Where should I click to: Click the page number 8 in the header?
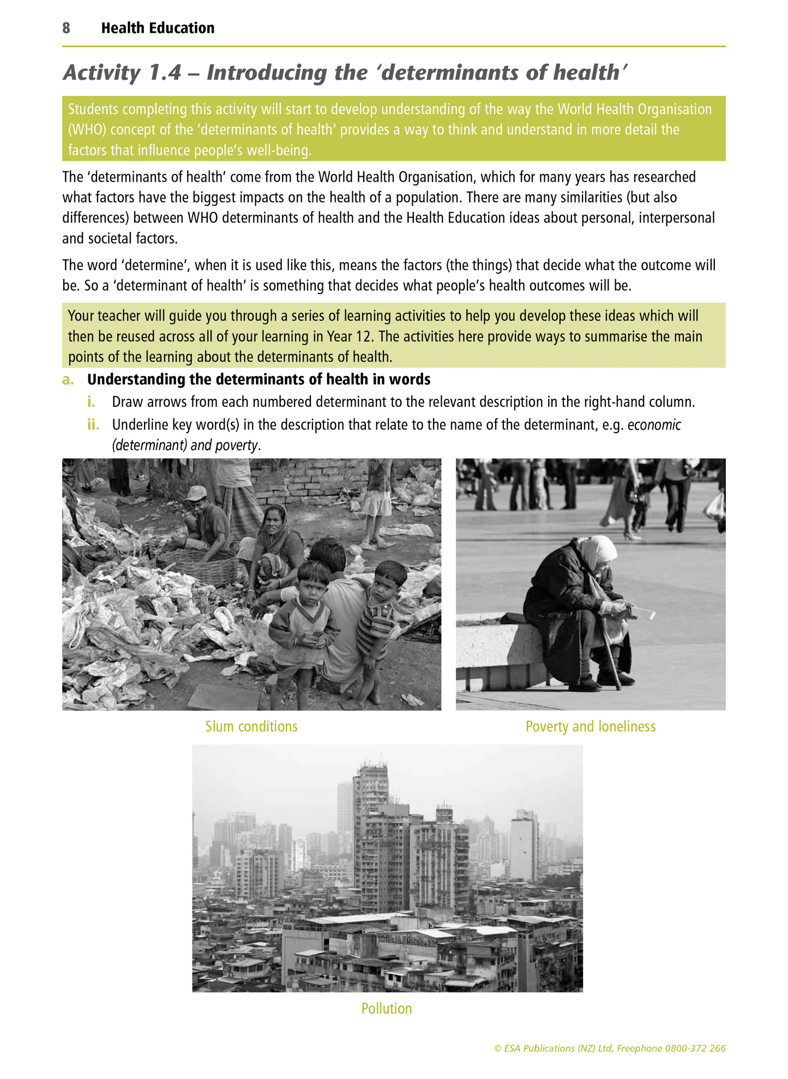[x=66, y=28]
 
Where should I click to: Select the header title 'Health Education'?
[x=158, y=28]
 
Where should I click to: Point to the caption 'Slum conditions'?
[x=251, y=727]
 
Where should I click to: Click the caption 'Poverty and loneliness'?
[x=590, y=727]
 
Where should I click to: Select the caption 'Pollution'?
[x=387, y=1009]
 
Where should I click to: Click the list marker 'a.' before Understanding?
[x=68, y=380]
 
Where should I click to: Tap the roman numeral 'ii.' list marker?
[x=93, y=425]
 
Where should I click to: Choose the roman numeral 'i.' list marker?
[x=91, y=402]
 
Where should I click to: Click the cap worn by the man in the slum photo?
[x=195, y=493]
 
